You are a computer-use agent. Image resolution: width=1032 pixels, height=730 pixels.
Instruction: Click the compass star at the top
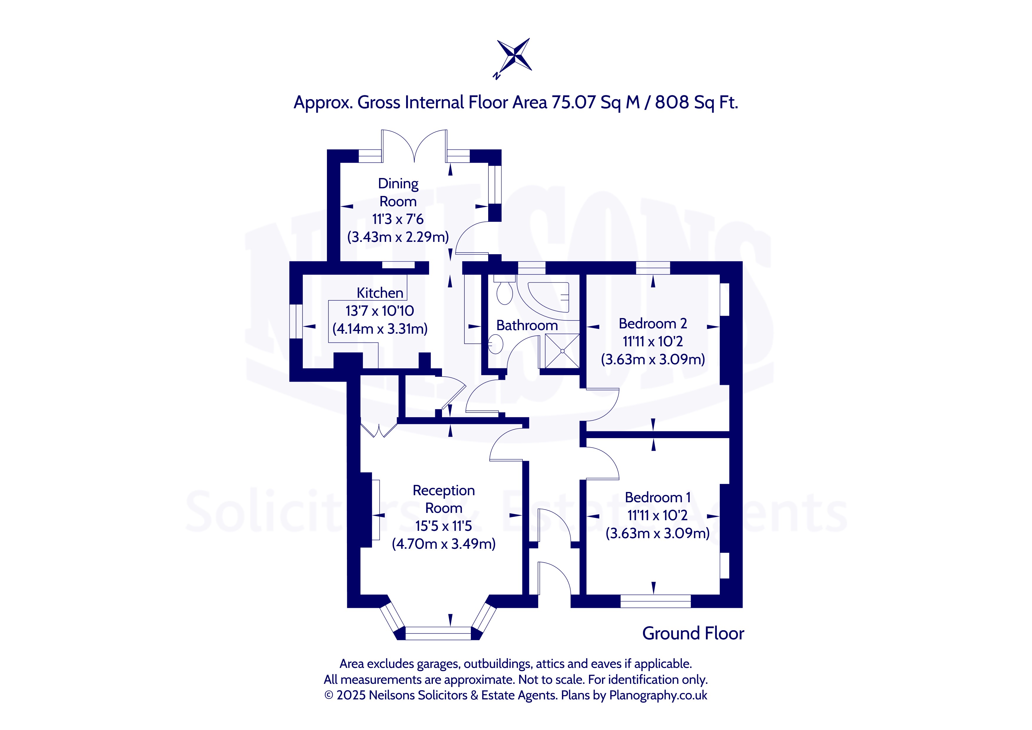pyautogui.click(x=514, y=56)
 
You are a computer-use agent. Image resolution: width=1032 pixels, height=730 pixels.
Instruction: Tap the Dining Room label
pyautogui.click(x=398, y=192)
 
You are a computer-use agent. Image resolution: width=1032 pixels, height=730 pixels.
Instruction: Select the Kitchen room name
pyautogui.click(x=380, y=293)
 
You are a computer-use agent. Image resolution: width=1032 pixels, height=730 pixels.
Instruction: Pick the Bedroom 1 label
pyautogui.click(x=658, y=497)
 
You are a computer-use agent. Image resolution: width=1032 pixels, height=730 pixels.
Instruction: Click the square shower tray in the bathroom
pyautogui.click(x=560, y=351)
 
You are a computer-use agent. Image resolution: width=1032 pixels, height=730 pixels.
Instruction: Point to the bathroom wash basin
pyautogui.click(x=495, y=344)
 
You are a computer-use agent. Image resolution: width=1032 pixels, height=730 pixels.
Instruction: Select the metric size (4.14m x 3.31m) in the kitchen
pyautogui.click(x=380, y=329)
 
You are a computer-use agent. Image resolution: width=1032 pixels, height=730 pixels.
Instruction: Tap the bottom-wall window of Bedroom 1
pyautogui.click(x=655, y=601)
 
